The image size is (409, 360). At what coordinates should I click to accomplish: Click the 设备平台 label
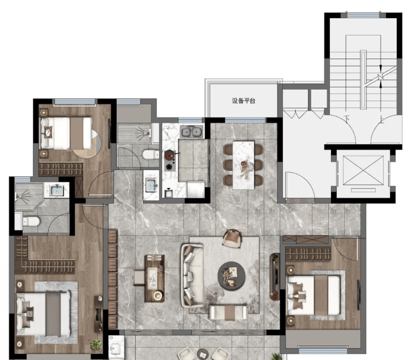(243, 101)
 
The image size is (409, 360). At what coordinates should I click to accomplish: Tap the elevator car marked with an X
(363, 170)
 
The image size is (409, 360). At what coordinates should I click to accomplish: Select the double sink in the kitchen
(191, 132)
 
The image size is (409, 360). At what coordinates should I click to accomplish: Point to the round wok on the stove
(170, 155)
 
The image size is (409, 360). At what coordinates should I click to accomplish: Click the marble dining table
(243, 165)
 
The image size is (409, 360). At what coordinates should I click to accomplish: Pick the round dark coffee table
(232, 275)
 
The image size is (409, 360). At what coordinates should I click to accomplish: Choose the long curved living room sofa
(192, 275)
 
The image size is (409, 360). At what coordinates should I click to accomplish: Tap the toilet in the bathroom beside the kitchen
(150, 155)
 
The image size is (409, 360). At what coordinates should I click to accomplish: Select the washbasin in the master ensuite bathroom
(57, 190)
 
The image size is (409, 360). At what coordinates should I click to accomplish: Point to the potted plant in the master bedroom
(96, 344)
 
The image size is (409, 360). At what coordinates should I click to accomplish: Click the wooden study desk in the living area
(154, 278)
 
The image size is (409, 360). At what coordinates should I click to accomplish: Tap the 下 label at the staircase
(347, 119)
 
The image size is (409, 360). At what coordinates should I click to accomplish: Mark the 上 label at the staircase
(382, 119)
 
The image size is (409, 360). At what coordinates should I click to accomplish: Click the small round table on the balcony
(203, 354)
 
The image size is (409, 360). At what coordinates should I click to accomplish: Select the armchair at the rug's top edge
(232, 238)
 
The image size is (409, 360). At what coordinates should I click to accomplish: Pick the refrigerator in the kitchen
(195, 189)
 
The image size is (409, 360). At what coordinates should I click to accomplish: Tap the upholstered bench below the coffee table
(228, 312)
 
